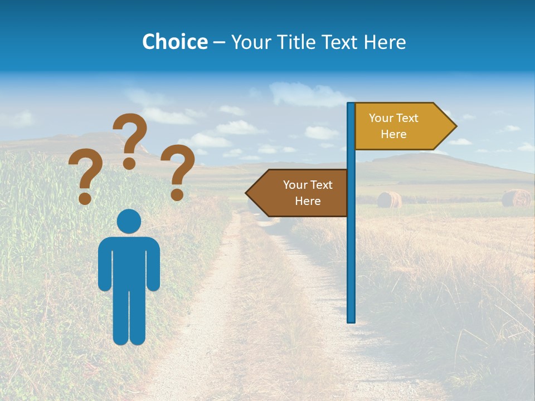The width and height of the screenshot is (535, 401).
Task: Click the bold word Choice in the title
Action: point(174,42)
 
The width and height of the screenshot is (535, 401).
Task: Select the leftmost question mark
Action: point(85,173)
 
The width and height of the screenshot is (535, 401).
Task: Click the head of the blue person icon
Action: point(129,221)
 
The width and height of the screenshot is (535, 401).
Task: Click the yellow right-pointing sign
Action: point(398,126)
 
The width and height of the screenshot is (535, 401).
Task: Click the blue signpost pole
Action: point(351,251)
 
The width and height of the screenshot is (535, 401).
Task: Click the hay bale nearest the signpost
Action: point(389,199)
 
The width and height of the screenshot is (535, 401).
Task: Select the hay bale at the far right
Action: point(516,198)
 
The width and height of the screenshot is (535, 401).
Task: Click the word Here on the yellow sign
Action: point(393,134)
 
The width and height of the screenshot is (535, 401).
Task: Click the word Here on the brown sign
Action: point(308,201)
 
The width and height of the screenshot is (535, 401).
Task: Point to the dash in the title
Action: point(219,42)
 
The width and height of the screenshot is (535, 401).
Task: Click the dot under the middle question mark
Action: point(129,164)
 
